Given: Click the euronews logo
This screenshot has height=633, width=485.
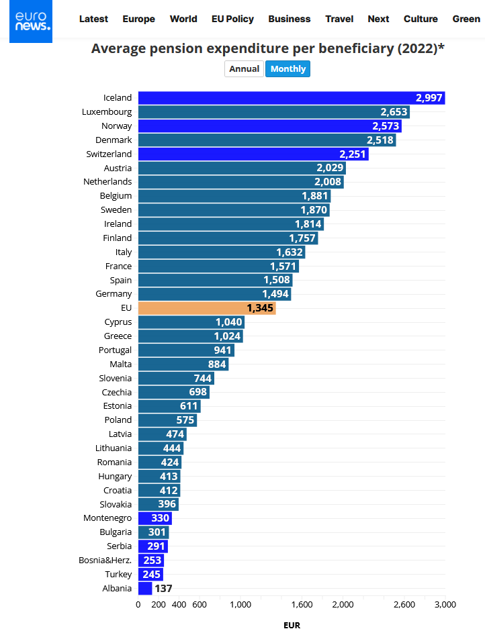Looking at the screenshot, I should (x=31, y=21).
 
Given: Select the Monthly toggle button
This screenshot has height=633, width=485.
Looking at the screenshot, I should (x=288, y=69).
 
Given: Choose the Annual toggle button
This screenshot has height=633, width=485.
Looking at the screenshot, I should (x=244, y=69).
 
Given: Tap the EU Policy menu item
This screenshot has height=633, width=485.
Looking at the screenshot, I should (x=232, y=19).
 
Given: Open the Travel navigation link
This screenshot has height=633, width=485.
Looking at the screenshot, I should (x=339, y=19).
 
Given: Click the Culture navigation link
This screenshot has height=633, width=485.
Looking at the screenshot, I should (x=421, y=19).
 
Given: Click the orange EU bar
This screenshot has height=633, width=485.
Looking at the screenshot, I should (x=207, y=308).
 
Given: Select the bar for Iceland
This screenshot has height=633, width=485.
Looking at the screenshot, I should (x=292, y=98).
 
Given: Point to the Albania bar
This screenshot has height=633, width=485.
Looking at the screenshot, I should (x=145, y=589).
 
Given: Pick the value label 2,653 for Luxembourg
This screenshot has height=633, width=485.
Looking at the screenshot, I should (x=394, y=112).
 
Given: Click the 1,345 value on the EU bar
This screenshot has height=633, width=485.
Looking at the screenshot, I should (x=261, y=308).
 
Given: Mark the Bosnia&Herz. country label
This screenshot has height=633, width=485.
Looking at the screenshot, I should (x=105, y=561).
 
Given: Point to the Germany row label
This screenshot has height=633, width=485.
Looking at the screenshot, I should (x=114, y=294).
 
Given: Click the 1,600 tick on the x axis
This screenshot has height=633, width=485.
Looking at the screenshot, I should (x=302, y=605).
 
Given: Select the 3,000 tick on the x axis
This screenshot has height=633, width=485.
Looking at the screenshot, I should (x=445, y=605).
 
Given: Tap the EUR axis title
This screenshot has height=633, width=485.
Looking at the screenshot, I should (x=292, y=625).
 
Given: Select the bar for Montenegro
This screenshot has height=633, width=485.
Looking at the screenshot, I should (x=155, y=518).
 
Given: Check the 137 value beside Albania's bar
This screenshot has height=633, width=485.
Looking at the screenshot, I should (x=163, y=589).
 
